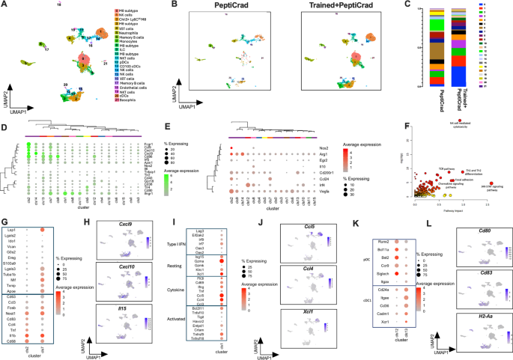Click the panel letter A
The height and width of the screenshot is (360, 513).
click(x=4, y=4)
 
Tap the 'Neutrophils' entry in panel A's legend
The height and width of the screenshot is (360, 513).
click(x=130, y=31)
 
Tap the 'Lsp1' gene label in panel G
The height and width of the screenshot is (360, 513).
click(x=13, y=231)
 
